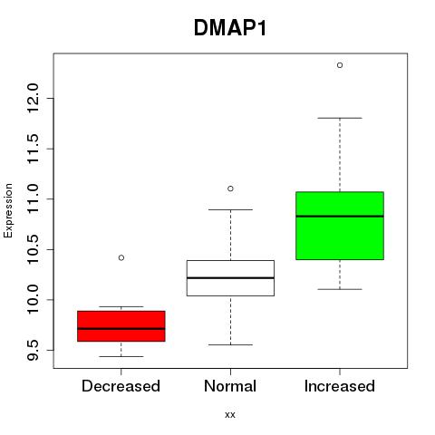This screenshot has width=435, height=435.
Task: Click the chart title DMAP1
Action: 230,28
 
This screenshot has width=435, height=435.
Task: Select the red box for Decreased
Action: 121,326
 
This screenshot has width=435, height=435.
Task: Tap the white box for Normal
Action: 230,278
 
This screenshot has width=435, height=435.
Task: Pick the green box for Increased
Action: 340,226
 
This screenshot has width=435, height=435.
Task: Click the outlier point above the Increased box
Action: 340,65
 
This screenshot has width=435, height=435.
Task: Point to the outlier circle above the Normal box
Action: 230,188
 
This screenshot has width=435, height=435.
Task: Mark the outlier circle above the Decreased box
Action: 121,257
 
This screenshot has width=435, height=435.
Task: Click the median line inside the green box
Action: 340,217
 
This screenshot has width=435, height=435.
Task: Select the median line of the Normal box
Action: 230,277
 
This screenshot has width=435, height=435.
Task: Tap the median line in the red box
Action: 121,328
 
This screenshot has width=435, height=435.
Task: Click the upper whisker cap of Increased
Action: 340,118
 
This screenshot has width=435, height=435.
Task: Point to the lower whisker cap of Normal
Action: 230,344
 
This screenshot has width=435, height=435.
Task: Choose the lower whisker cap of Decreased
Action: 121,356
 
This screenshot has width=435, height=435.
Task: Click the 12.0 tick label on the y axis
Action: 34,98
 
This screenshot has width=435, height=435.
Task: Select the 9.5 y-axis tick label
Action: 34,350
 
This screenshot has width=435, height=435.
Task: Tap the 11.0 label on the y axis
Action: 34,199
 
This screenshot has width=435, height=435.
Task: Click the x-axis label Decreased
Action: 121,386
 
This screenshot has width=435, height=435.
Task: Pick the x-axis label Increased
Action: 340,386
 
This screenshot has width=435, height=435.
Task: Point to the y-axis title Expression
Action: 8,210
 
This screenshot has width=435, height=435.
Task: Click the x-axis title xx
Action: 230,415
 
